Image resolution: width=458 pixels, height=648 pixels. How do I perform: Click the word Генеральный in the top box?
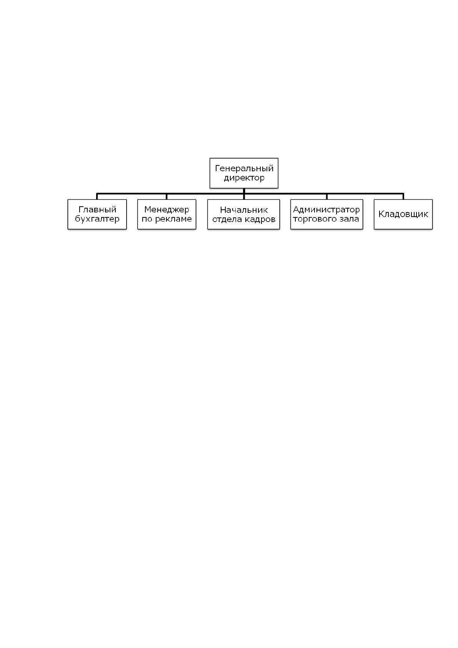tap(244, 169)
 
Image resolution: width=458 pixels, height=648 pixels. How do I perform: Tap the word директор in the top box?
tap(244, 178)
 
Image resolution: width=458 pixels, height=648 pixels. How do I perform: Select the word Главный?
tap(97, 210)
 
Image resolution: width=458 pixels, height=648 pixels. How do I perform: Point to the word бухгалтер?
tap(97, 219)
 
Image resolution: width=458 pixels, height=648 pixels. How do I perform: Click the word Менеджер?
tap(167, 210)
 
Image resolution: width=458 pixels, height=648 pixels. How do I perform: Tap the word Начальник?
tap(244, 210)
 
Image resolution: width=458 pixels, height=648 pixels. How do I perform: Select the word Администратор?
tap(326, 209)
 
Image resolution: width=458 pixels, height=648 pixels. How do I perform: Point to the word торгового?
tap(313, 219)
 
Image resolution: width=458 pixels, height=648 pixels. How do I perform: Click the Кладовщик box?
tap(403, 214)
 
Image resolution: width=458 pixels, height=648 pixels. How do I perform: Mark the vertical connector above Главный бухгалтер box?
tap(97, 196)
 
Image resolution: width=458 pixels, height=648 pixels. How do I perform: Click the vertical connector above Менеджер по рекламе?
tap(167, 196)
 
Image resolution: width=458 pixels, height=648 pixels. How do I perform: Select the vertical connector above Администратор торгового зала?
tap(327, 196)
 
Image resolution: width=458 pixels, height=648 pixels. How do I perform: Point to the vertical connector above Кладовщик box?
tap(403, 196)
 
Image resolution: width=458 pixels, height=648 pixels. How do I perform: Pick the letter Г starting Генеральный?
tap(218, 168)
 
